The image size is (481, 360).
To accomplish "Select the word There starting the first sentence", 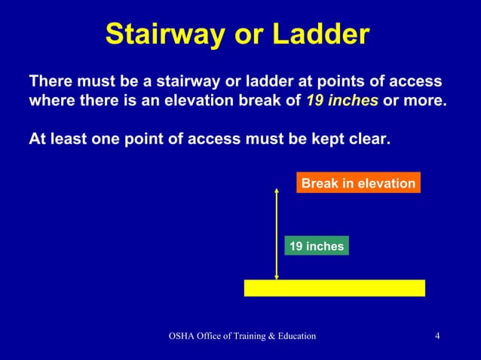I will tap(49, 81).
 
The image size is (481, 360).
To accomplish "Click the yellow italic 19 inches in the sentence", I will tap(342, 100).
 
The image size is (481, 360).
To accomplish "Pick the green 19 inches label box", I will tap(317, 246).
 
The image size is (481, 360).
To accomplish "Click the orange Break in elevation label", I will tap(358, 183).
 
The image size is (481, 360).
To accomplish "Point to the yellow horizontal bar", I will tap(335, 288).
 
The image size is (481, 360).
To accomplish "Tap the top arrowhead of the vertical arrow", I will tap(277, 190).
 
